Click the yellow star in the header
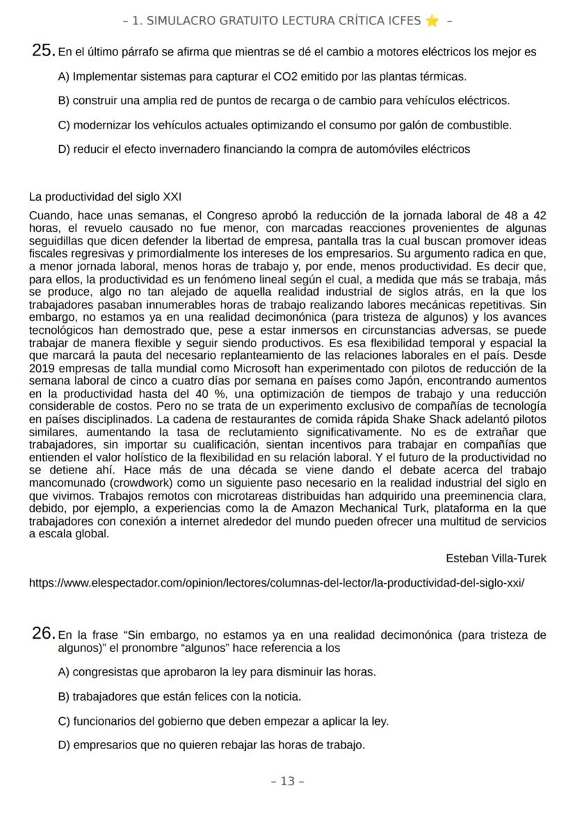pos(432,21)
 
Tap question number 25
pos(43,51)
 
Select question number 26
pos(43,633)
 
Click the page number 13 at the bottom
pos(287,781)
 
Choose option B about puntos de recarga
pos(285,101)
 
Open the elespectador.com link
pos(276,583)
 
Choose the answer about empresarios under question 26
pos(212,745)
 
